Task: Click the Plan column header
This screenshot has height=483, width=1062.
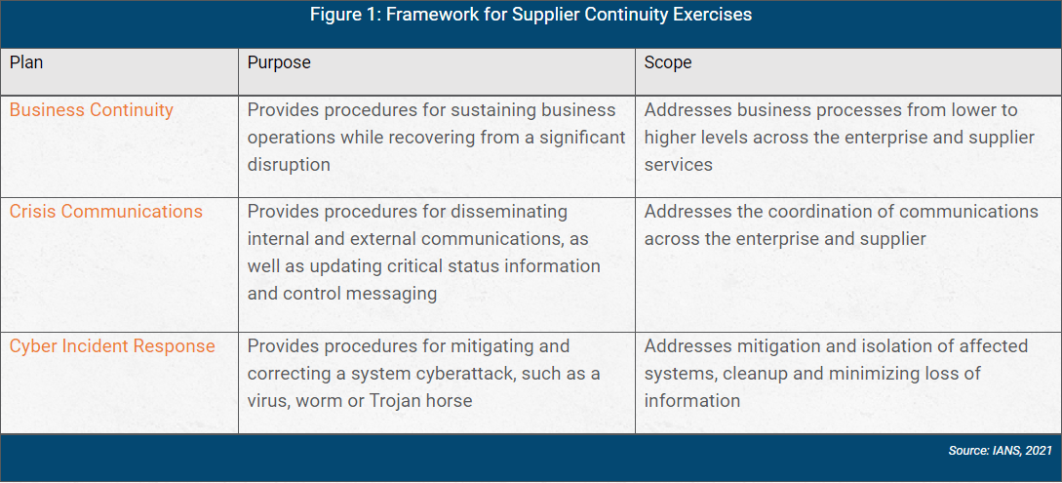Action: tap(26, 62)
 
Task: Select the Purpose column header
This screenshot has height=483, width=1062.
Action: tap(279, 62)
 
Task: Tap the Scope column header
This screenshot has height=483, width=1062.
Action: tap(668, 62)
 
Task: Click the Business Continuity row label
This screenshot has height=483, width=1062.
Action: tap(92, 110)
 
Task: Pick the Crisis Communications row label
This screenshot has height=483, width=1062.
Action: tap(106, 212)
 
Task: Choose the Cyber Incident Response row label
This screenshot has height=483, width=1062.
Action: tap(112, 346)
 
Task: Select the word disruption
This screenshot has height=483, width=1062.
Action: tap(289, 165)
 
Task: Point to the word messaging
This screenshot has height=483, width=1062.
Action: tap(396, 294)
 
